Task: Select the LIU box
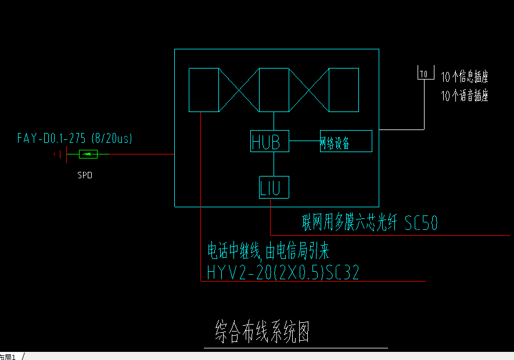(274, 188)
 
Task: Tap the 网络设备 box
(346, 141)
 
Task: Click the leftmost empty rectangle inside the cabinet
(203, 89)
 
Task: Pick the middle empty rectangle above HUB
(274, 89)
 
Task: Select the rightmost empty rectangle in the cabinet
(344, 89)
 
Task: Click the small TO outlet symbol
(424, 74)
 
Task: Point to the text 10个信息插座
(465, 77)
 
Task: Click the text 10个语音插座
(465, 96)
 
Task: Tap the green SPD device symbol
(88, 154)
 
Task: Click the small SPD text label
(85, 175)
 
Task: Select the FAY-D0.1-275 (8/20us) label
(75, 138)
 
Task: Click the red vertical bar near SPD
(67, 154)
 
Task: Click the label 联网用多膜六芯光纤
(350, 223)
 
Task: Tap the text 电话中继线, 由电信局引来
(268, 252)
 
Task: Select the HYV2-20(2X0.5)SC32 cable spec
(283, 272)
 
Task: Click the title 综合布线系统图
(262, 333)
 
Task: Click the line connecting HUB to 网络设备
(304, 141)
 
